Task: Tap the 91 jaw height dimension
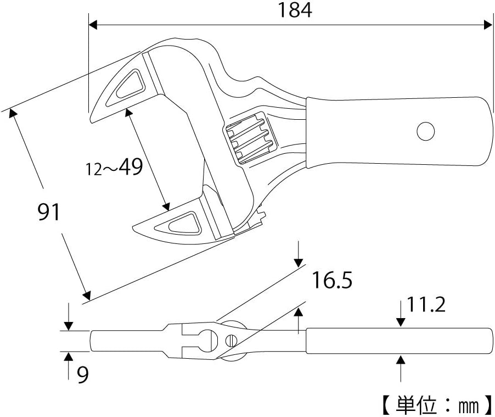click(x=49, y=212)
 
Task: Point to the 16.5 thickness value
click(x=332, y=281)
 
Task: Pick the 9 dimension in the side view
click(x=82, y=376)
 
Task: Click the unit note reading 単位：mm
click(x=435, y=406)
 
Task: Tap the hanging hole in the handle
click(x=425, y=131)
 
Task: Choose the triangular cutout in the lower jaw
click(x=184, y=222)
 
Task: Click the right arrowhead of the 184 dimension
click(x=488, y=25)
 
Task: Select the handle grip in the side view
click(x=398, y=341)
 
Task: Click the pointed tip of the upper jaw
click(x=92, y=121)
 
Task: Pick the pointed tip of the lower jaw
click(x=133, y=227)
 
